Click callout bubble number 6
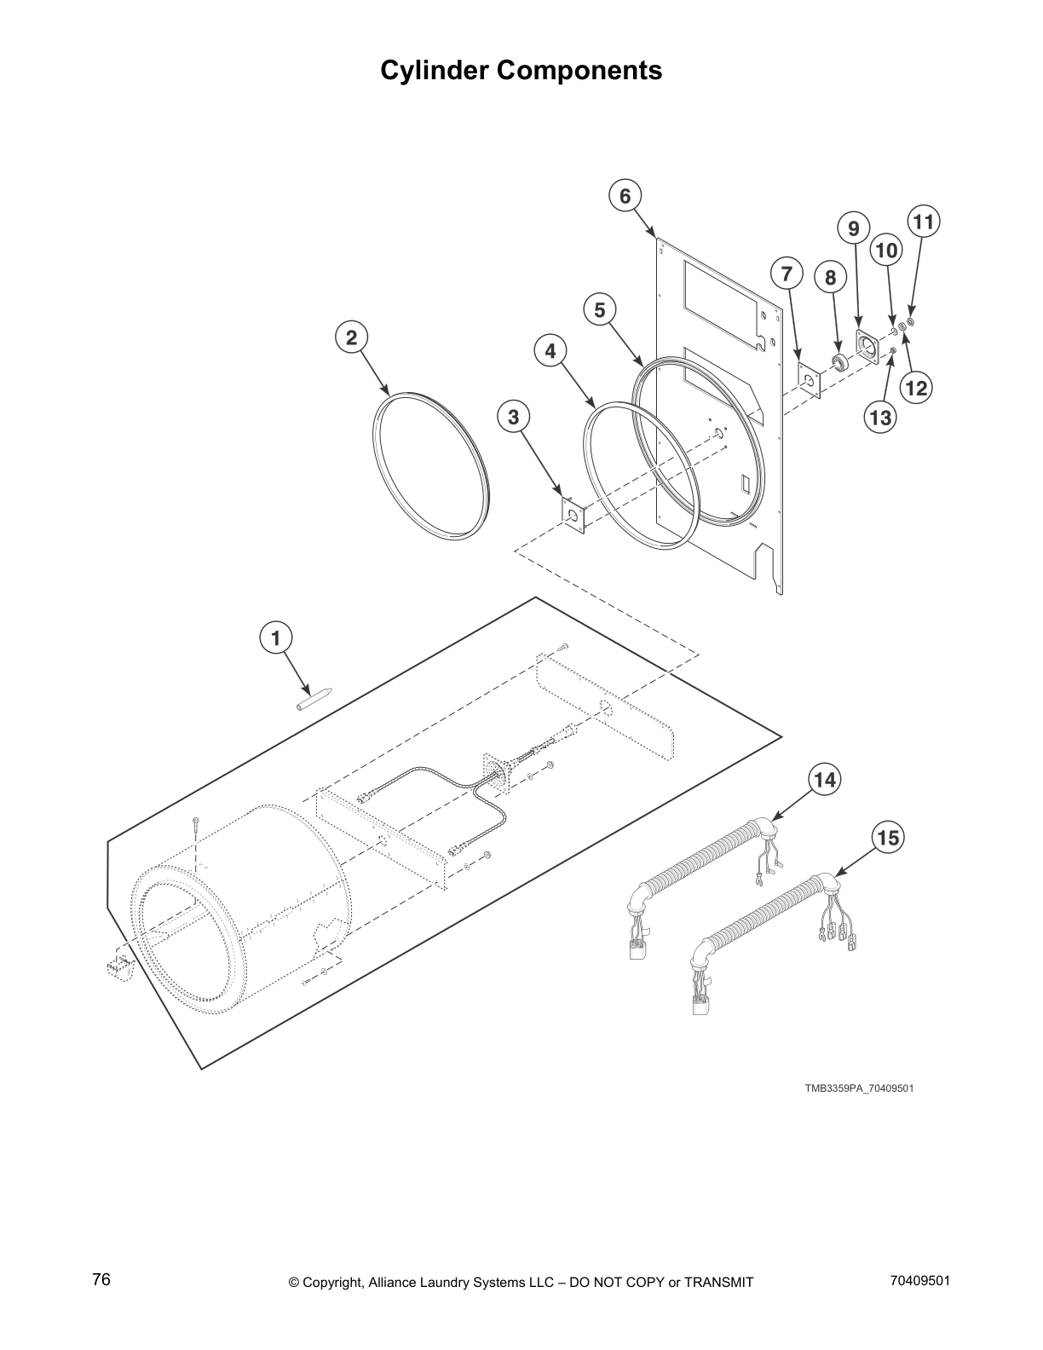(x=625, y=196)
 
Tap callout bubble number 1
(x=275, y=637)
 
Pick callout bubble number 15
(x=888, y=838)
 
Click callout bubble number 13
(x=880, y=417)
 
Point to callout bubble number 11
(x=923, y=222)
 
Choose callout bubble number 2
(x=350, y=337)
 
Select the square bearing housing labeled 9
(x=868, y=348)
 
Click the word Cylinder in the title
(x=435, y=70)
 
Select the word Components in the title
(x=579, y=70)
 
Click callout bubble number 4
(x=550, y=350)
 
